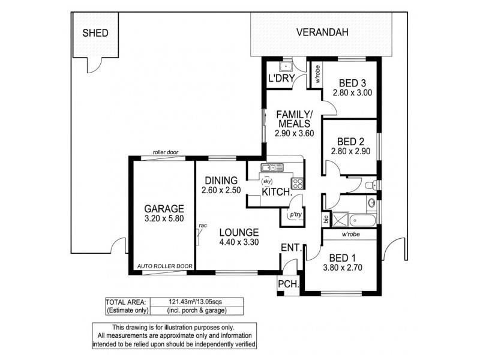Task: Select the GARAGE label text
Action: coord(159,209)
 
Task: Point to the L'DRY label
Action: coord(280,79)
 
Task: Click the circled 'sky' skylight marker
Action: coord(268,181)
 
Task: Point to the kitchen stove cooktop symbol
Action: coord(296,183)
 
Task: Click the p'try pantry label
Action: coord(295,214)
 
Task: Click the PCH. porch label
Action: coord(289,284)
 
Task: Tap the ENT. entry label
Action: coord(292,247)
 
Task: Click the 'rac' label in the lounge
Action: coord(203,225)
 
